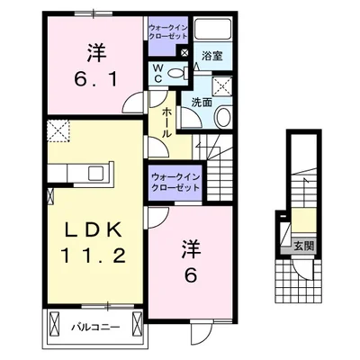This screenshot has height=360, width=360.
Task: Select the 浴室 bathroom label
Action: (x=213, y=55)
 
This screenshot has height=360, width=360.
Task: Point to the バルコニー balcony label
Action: (x=92, y=327)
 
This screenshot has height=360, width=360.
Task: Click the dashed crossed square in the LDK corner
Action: (x=61, y=132)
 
